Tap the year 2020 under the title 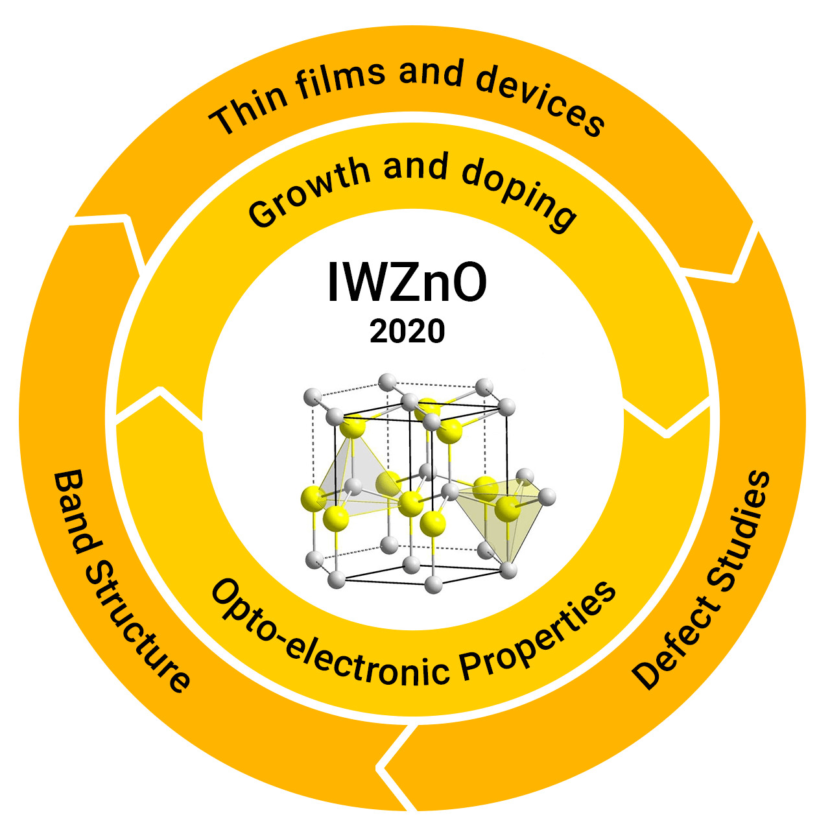coord(407,331)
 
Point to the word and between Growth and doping coord(416,167)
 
